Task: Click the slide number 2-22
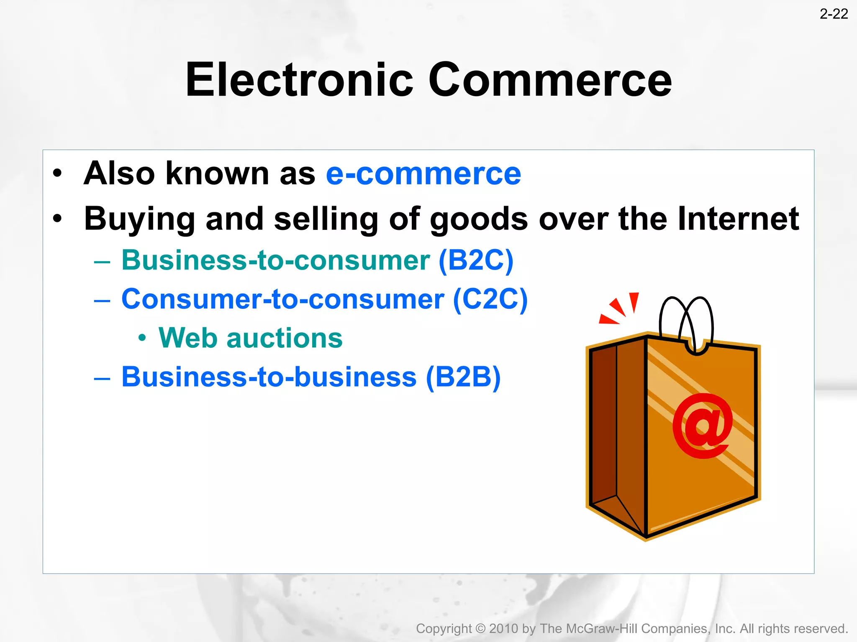(833, 14)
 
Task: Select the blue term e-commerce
(423, 174)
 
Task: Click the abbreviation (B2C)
(476, 260)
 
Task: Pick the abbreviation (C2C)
(490, 299)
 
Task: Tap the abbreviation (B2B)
(463, 377)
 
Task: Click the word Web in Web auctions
(187, 338)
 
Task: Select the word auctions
(284, 338)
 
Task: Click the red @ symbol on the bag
(703, 425)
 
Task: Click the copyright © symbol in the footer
(481, 629)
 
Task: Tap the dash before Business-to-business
(102, 378)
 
